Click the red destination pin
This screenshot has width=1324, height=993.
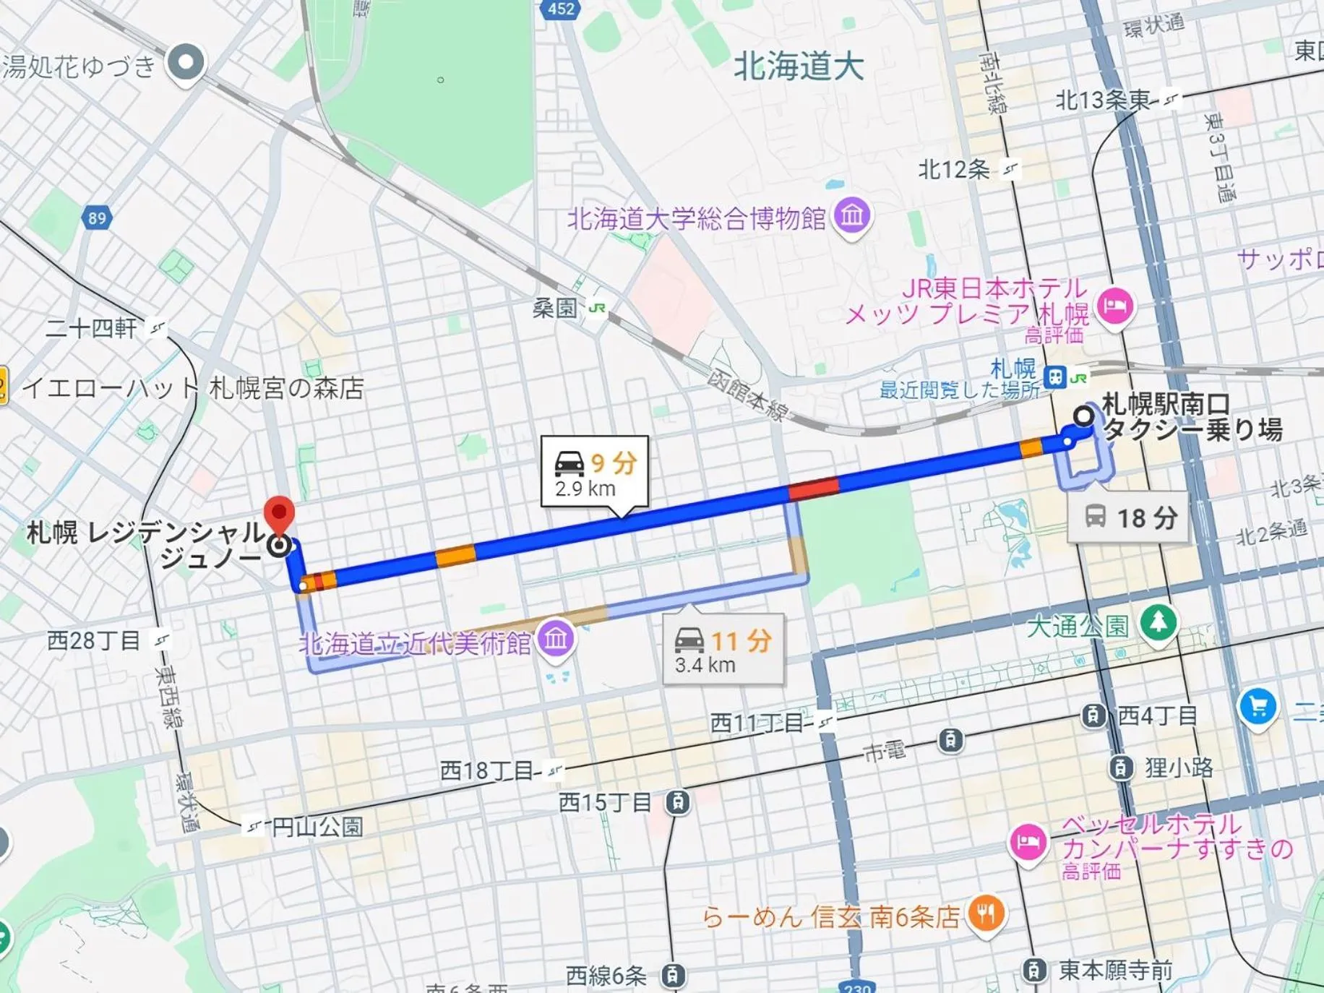(279, 514)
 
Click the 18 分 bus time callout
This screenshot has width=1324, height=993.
(1130, 517)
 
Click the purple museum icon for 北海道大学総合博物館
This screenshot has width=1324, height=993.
(852, 215)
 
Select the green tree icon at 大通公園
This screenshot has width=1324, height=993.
(1158, 622)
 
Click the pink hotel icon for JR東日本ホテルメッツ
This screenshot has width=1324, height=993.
(1114, 306)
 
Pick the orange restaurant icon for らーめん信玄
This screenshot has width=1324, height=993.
(985, 914)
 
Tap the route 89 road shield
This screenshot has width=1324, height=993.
(97, 218)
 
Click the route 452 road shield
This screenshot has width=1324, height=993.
(561, 9)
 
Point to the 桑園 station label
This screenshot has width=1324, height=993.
(555, 309)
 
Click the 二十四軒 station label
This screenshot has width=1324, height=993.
(91, 329)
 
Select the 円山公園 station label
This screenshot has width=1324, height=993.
(317, 826)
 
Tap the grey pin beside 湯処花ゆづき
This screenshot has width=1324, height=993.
(186, 63)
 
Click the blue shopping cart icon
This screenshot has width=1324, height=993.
(1258, 706)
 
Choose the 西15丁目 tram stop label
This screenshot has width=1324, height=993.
(606, 802)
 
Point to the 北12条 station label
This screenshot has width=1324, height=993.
(954, 170)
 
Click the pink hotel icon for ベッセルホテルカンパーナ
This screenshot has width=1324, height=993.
(1027, 842)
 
